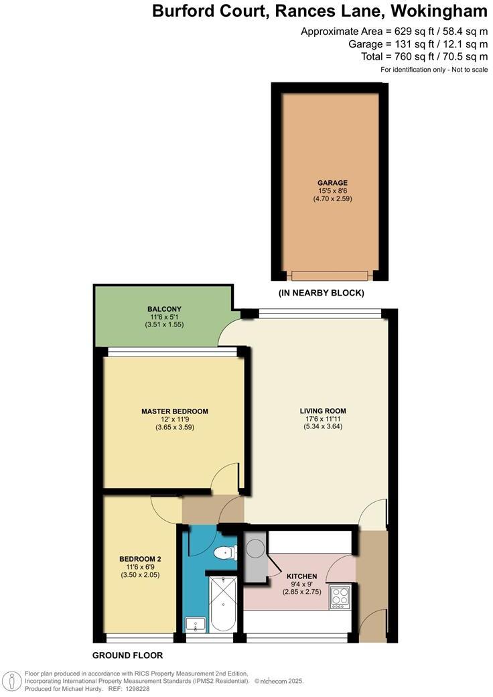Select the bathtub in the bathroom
222,604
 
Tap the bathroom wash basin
196,625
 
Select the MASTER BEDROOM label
174,411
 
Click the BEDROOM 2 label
140,559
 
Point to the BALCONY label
164,309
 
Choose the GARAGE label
332,182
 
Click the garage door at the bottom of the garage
329,275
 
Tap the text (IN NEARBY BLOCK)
321,293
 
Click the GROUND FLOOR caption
127,655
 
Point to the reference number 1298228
136,688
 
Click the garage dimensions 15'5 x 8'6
332,190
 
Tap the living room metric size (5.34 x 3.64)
323,426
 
